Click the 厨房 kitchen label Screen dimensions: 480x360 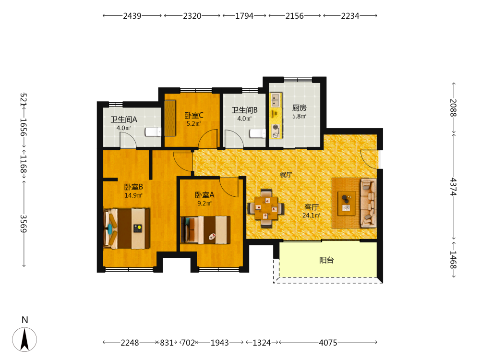(299, 108)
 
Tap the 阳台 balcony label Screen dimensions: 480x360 (326, 260)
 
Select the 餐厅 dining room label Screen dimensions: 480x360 (286, 175)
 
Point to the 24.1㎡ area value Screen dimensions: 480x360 (311, 215)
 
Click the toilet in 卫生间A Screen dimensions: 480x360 (153, 132)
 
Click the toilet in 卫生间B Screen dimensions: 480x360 (258, 133)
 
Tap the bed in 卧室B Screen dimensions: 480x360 (127, 228)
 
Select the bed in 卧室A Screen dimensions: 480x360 (205, 230)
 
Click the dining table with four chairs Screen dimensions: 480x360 (266, 208)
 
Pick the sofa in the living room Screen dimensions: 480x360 (368, 203)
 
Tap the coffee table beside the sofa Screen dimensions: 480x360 (347, 203)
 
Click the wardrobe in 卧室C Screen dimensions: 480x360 (170, 118)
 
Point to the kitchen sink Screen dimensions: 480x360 (276, 100)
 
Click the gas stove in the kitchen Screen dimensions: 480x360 (276, 131)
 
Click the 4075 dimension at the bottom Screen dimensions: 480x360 (328, 343)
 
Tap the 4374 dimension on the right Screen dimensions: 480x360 (454, 187)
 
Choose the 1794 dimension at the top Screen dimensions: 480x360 (244, 16)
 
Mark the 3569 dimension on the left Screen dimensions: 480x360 (24, 224)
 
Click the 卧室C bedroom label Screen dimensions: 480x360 (194, 115)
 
